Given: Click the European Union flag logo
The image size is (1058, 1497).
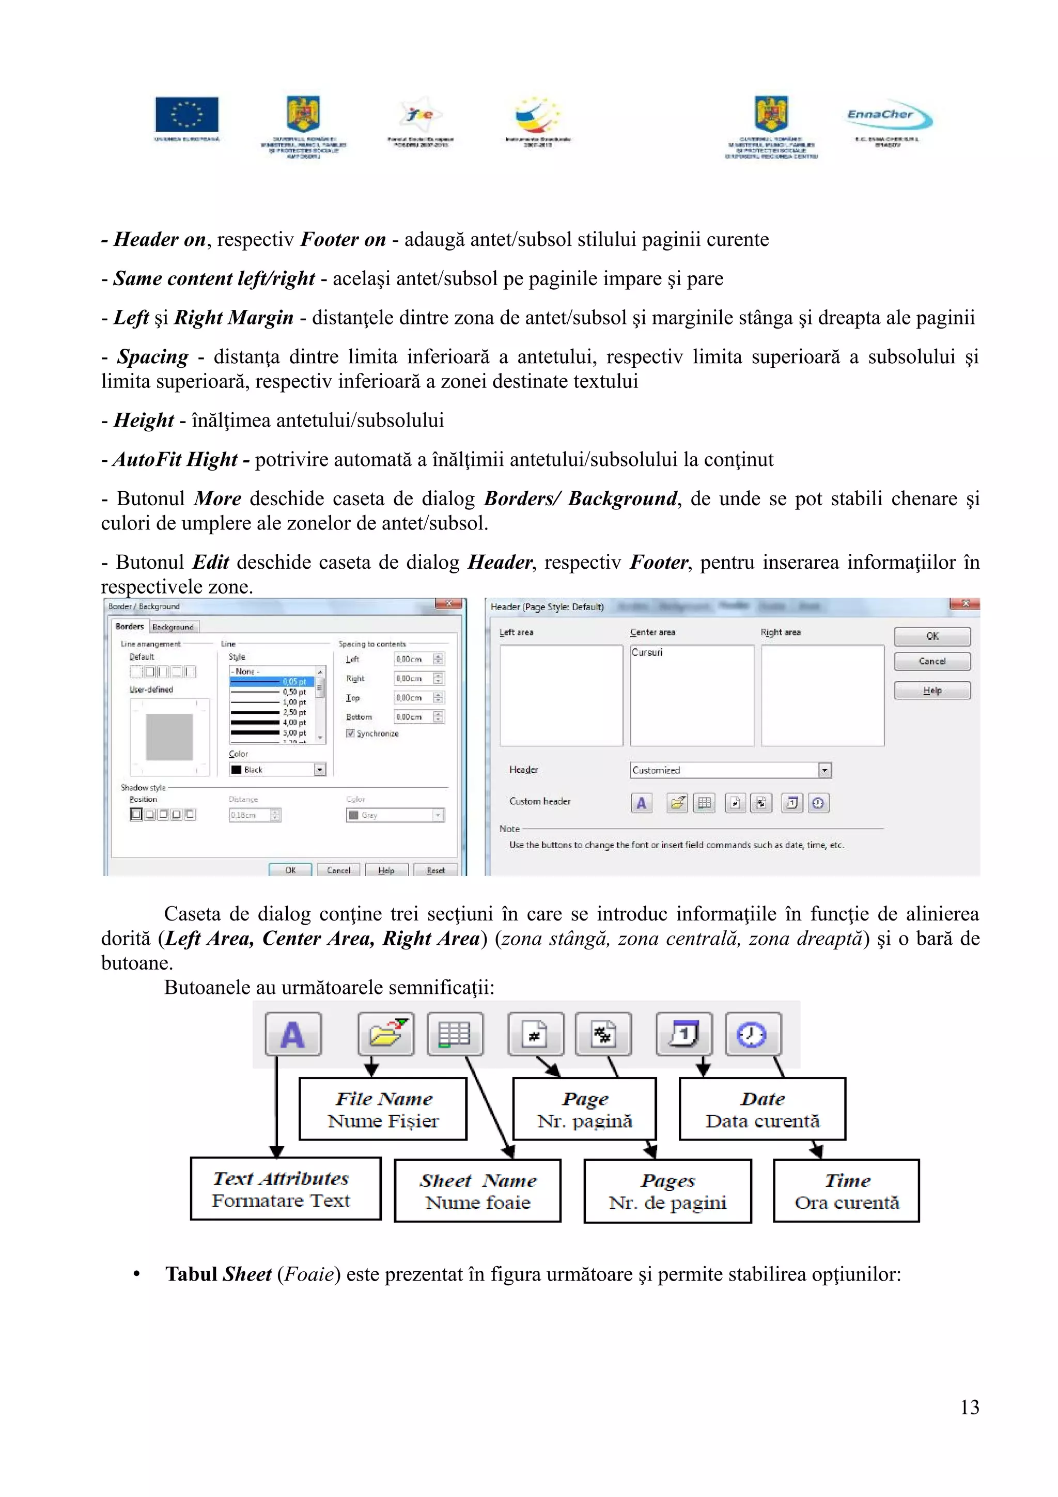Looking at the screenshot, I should click(x=186, y=115).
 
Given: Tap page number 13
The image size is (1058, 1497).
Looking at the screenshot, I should click(x=969, y=1407).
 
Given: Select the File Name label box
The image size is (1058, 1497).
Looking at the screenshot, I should click(x=383, y=1109).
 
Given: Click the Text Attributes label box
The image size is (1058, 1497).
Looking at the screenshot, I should click(x=286, y=1189).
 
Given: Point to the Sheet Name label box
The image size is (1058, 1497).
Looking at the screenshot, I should click(x=478, y=1191).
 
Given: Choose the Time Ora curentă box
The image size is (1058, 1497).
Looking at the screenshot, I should click(x=846, y=1191).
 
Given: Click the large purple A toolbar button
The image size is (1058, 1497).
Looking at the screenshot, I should click(x=293, y=1034).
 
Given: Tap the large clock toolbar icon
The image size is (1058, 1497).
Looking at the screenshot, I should click(x=752, y=1034).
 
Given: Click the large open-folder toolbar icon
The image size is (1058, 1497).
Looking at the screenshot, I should click(x=386, y=1034).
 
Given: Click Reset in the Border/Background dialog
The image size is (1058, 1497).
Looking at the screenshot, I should click(x=435, y=870).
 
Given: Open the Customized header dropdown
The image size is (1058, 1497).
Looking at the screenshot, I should click(x=824, y=771).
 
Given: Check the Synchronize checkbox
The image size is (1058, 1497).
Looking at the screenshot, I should click(x=351, y=734).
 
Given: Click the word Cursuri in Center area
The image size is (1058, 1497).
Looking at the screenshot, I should click(x=647, y=652).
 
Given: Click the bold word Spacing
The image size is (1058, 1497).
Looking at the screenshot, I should click(x=152, y=356).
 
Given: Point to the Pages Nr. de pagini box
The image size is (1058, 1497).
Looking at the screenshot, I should click(x=667, y=1191).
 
